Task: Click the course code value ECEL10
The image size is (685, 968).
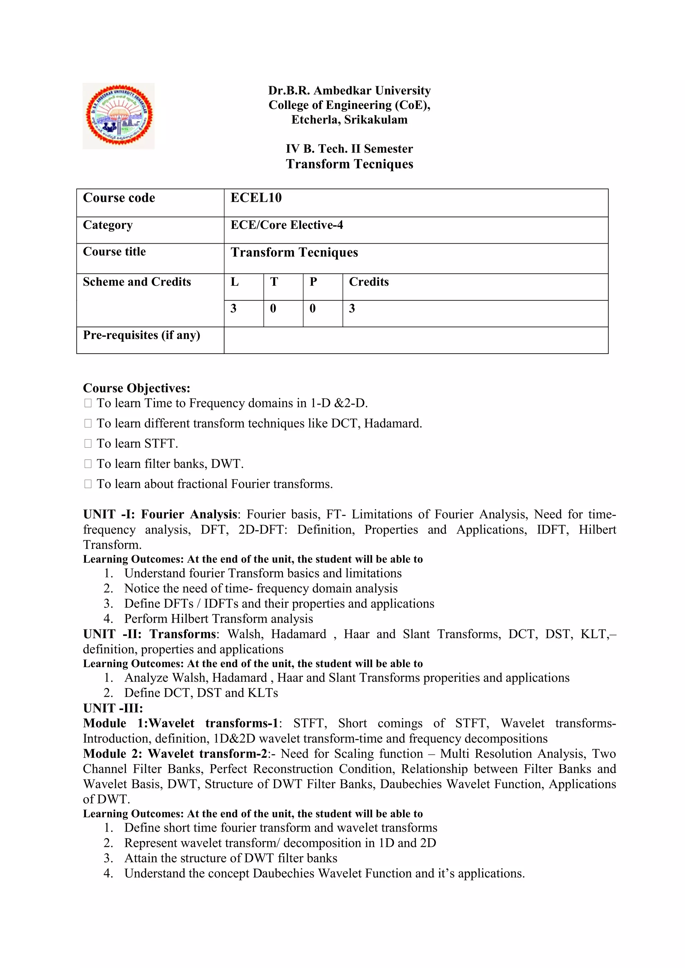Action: [256, 198]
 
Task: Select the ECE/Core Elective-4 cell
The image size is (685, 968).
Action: [287, 225]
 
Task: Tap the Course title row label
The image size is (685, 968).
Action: [114, 252]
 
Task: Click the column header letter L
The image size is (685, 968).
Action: [234, 282]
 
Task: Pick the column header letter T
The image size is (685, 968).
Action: [274, 282]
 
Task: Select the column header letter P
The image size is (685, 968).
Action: [313, 282]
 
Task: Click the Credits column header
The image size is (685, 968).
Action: [369, 282]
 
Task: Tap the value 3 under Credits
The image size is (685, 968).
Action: [352, 309]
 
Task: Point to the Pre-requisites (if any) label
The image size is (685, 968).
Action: [141, 335]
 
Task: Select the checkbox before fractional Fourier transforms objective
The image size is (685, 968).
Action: [88, 484]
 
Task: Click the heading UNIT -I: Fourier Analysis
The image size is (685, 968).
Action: [160, 514]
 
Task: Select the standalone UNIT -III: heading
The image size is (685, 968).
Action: [113, 708]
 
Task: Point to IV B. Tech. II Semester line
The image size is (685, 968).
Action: [349, 149]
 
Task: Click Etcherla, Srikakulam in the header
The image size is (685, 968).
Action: [349, 120]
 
